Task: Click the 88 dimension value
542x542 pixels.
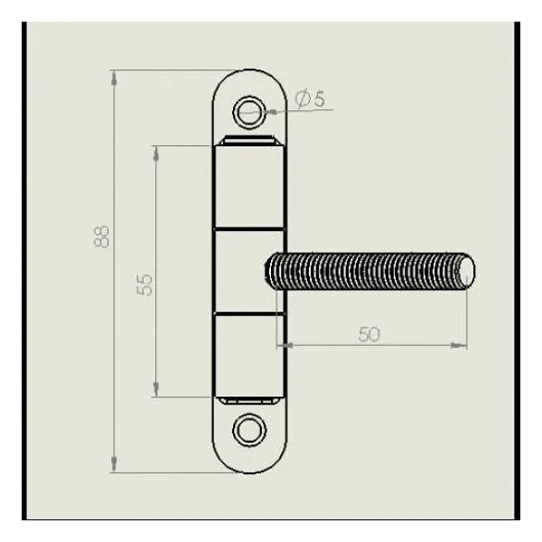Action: [x=101, y=237]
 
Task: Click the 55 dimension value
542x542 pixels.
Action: [x=145, y=285]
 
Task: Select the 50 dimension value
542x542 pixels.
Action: [x=369, y=334]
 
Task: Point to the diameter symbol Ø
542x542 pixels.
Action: [x=303, y=98]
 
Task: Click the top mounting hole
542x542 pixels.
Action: [x=249, y=112]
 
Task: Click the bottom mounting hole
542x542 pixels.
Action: [x=249, y=430]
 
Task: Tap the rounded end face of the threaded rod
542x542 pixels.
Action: [x=467, y=271]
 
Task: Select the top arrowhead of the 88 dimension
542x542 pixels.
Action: [x=114, y=78]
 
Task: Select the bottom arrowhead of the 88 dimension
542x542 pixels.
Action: [x=114, y=464]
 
